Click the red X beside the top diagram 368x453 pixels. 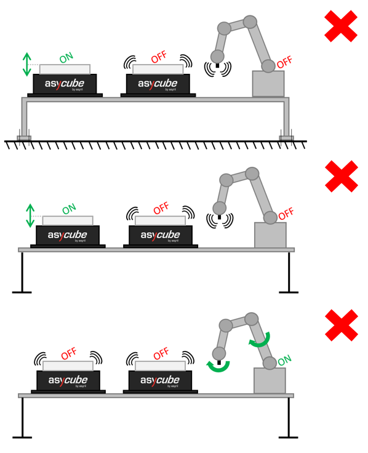[x=340, y=26]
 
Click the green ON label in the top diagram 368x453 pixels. [x=66, y=58]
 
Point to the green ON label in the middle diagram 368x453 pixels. [x=69, y=209]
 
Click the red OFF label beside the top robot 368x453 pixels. [x=284, y=63]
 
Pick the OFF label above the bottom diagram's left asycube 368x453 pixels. [x=69, y=354]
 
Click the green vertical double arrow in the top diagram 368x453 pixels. [x=27, y=65]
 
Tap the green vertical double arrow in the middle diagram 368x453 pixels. [x=30, y=215]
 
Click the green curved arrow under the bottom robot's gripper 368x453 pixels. [x=219, y=367]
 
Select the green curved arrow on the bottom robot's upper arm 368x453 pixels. [x=259, y=340]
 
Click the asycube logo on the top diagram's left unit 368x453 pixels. [x=65, y=84]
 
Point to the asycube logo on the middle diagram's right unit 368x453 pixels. [x=160, y=235]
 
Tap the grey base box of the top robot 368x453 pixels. [x=268, y=84]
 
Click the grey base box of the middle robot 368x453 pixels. [x=270, y=235]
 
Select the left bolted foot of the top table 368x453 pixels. [x=24, y=138]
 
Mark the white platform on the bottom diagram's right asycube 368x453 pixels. [x=160, y=366]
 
